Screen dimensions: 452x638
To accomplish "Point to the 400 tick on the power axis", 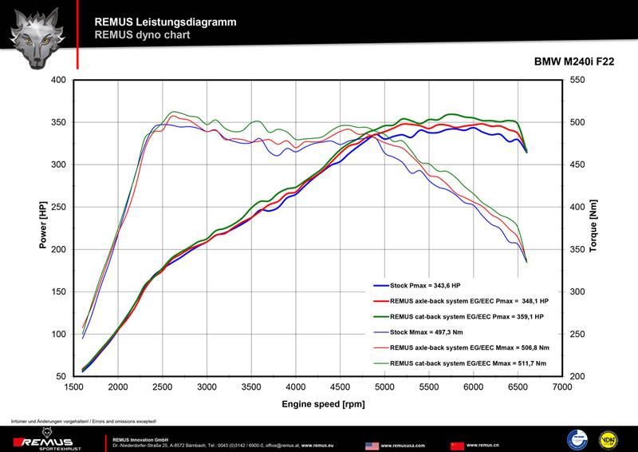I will click(58, 80).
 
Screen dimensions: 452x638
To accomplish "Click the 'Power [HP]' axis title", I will click(43, 227).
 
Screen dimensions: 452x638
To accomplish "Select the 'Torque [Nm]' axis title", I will click(593, 227).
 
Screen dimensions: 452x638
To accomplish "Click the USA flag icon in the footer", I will click(372, 444).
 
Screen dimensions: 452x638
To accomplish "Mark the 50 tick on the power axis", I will click(61, 376).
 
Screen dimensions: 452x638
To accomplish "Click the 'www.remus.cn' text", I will click(483, 444).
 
